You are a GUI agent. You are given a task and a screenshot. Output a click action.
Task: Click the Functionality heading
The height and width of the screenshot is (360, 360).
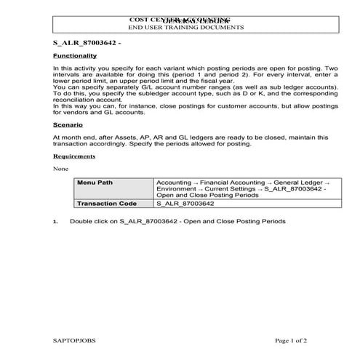coord(75,55)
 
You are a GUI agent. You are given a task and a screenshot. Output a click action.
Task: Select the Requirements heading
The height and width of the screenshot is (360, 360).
coord(74,156)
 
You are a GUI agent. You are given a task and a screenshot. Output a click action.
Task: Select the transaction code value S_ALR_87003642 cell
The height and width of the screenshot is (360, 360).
coord(185,204)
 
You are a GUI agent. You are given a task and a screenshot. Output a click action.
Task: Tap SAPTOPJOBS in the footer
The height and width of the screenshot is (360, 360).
coord(74,340)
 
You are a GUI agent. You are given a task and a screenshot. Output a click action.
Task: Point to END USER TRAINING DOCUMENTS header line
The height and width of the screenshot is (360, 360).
coord(185,27)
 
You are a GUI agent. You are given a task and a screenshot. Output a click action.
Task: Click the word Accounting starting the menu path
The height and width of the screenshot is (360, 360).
coord(175,182)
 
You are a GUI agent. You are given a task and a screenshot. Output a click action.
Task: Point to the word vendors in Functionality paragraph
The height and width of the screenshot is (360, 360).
coord(71,113)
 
